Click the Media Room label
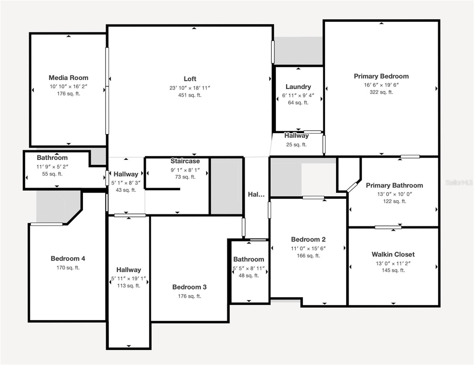click(x=68, y=78)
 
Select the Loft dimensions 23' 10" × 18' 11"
click(x=190, y=88)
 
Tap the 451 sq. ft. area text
click(x=190, y=95)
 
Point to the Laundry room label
click(x=298, y=87)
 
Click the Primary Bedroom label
click(x=381, y=76)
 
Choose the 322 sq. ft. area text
click(x=381, y=92)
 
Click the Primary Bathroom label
click(x=394, y=186)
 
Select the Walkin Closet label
click(x=393, y=255)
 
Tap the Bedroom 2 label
click(x=308, y=240)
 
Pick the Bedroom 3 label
click(x=189, y=287)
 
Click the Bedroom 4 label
click(x=68, y=259)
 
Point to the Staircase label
click(x=185, y=161)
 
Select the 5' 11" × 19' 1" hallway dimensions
click(x=129, y=279)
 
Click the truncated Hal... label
click(x=256, y=195)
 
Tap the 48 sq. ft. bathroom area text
click(x=249, y=276)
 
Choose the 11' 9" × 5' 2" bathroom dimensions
click(x=52, y=167)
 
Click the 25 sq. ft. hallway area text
click(x=296, y=145)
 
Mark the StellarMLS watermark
click(x=459, y=182)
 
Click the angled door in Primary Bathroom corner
click(x=352, y=187)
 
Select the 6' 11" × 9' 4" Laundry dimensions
click(x=298, y=96)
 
